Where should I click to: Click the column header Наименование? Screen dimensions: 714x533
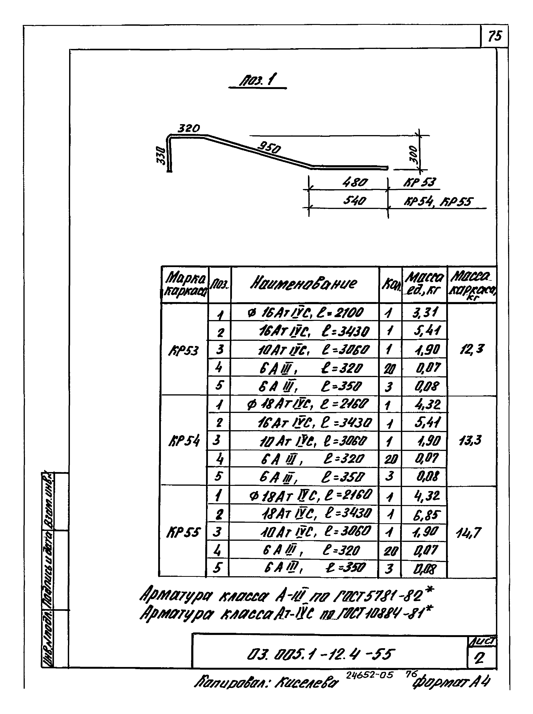coord(304,283)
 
